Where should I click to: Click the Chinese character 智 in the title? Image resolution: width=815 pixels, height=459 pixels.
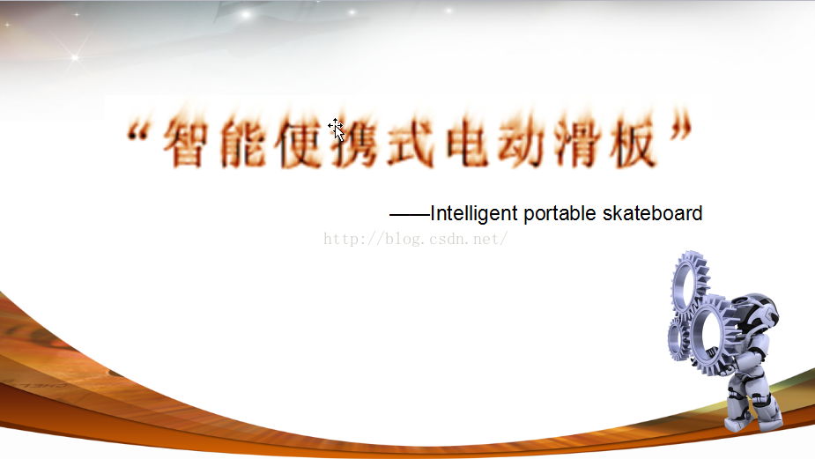(x=186, y=142)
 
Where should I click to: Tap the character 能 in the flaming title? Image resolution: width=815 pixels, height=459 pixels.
(x=242, y=142)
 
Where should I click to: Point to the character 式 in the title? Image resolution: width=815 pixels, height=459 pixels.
(x=411, y=142)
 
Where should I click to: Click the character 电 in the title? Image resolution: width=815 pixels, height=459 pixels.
(x=466, y=142)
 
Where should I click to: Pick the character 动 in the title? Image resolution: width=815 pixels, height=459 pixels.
(x=522, y=142)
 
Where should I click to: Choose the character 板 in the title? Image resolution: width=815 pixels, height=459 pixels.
(x=633, y=142)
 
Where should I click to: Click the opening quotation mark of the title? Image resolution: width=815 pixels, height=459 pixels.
(x=137, y=132)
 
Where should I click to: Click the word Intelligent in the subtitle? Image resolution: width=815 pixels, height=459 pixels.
(x=474, y=214)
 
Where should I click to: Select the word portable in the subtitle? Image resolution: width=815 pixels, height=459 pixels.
(x=559, y=214)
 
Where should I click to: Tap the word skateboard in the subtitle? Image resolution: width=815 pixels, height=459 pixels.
(x=652, y=213)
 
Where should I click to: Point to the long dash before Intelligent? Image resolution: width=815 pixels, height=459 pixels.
(x=410, y=214)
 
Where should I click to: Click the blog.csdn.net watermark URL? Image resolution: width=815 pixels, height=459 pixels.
(x=415, y=239)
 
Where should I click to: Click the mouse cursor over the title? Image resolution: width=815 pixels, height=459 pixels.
(x=337, y=130)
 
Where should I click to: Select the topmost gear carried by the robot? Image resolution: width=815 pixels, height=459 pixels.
(x=690, y=282)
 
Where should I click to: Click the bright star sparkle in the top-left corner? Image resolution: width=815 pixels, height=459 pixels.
(x=75, y=57)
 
